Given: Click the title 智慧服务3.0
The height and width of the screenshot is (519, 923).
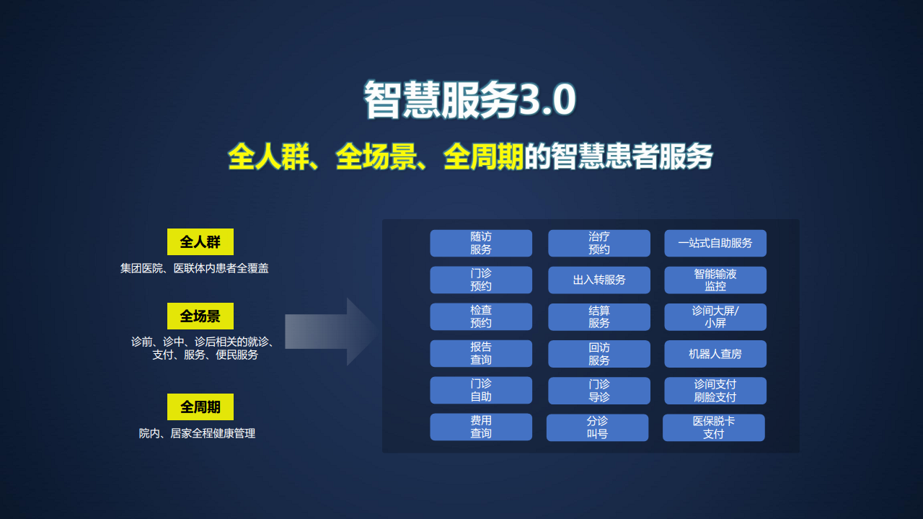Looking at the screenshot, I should tap(469, 99).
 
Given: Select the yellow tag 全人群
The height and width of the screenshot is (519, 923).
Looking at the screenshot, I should tap(200, 242).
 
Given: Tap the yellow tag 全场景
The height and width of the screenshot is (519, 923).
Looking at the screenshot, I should tap(200, 316).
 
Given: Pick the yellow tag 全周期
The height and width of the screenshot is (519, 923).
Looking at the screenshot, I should tap(200, 407).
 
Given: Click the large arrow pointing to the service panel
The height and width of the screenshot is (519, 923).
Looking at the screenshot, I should tap(330, 332).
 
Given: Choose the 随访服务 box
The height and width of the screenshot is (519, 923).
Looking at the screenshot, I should tap(481, 244).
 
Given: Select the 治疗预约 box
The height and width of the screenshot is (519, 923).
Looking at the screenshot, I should tap(599, 244).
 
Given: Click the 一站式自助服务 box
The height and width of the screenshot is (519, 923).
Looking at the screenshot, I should tap(715, 244).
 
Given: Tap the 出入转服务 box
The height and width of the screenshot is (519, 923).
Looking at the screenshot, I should tap(599, 280).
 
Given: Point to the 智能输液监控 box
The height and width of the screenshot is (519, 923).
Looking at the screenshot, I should tap(715, 280).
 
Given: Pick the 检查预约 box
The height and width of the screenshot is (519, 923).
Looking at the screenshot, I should tap(481, 317).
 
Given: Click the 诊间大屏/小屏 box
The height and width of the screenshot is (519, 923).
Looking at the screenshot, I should tap(715, 317).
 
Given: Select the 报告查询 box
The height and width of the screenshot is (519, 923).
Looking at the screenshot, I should tap(481, 354).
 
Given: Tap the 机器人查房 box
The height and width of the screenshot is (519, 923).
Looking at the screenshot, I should tap(715, 354).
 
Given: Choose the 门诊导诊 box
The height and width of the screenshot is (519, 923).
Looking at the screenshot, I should tap(599, 391).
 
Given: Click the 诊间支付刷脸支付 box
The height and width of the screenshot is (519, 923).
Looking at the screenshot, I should tap(715, 391).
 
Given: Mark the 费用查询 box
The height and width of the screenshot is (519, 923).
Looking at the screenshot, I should tap(481, 427).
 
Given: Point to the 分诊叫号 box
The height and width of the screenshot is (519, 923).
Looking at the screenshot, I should tap(597, 427).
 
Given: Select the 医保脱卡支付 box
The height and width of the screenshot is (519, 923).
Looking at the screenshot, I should tap(713, 427).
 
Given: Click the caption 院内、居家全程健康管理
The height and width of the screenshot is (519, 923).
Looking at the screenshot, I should tap(197, 434).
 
